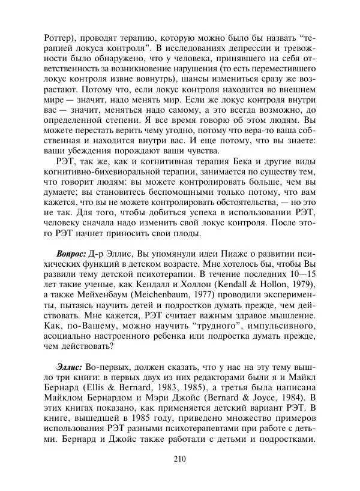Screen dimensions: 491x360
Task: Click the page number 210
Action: [x=180, y=460]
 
